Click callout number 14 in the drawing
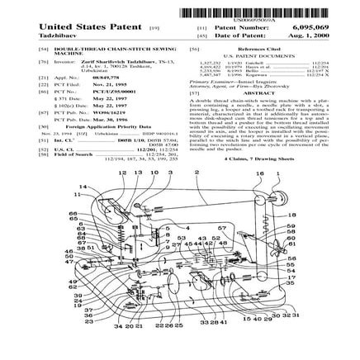[x=82, y=187]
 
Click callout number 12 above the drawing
[x=121, y=173]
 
